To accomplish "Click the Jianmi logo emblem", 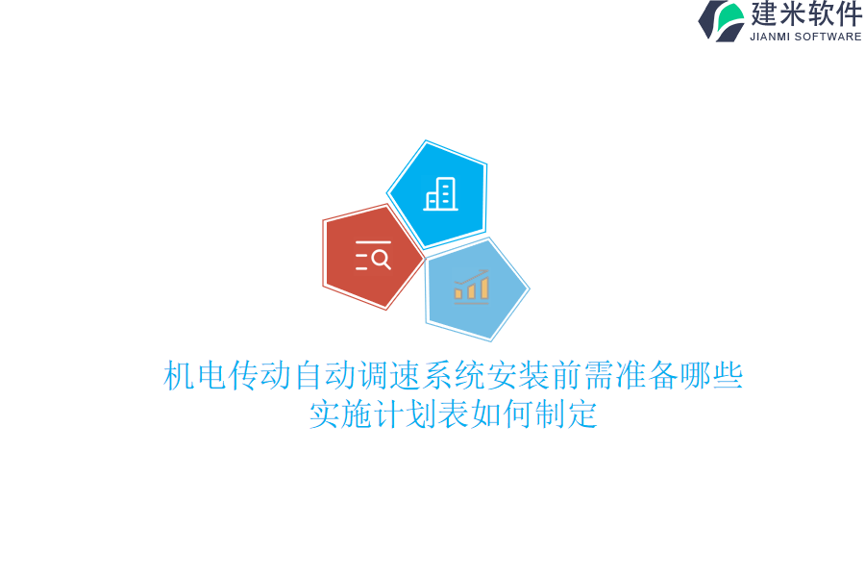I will [722, 20].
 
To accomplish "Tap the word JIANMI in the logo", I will [769, 37].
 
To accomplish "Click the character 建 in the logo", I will [765, 13].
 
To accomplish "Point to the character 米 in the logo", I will [794, 13].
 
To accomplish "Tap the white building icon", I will [440, 194].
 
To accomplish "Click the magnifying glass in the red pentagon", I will [381, 258].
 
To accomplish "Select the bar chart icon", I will [471, 287].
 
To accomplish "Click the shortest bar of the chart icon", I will [458, 293].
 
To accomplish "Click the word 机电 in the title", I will [195, 375].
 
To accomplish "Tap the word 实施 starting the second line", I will [340, 414].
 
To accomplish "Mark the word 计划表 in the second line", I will [421, 414].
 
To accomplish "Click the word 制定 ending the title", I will [566, 414].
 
